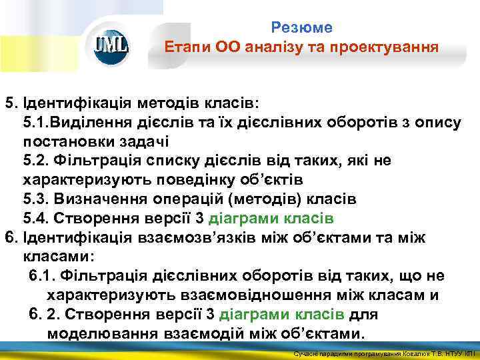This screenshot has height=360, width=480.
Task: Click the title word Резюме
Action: pyautogui.click(x=301, y=27)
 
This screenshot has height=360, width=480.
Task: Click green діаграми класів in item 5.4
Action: pyautogui.click(x=271, y=219)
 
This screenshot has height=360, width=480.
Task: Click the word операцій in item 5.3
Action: pyautogui.click(x=185, y=199)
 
